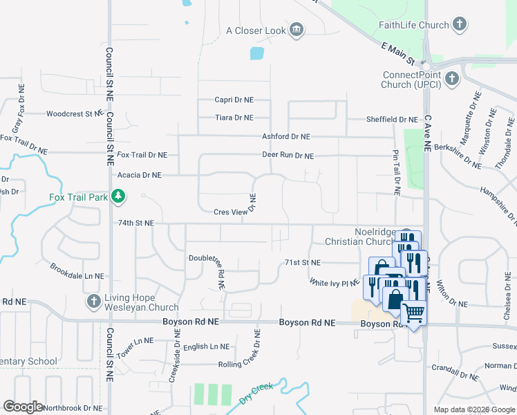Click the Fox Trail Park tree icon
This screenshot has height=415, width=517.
point(118,197)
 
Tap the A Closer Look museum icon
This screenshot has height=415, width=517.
point(297,30)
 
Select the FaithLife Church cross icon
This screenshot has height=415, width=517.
point(459,25)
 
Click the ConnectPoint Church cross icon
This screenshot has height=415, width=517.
point(451,78)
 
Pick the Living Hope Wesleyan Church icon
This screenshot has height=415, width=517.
point(93,302)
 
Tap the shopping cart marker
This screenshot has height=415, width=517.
point(413,313)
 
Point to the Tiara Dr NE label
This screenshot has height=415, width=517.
point(234,118)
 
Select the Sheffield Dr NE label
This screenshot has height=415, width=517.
point(392,119)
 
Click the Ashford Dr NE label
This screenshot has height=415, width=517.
point(285,137)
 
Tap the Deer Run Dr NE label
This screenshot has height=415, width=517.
point(288,156)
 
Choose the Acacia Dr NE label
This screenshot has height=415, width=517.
point(139,175)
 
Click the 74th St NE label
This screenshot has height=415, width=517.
point(135,223)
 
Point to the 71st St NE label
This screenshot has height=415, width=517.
point(303,263)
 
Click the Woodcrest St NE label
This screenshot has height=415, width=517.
point(74,114)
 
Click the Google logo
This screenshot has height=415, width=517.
point(23,407)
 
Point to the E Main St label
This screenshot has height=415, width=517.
point(400,51)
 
